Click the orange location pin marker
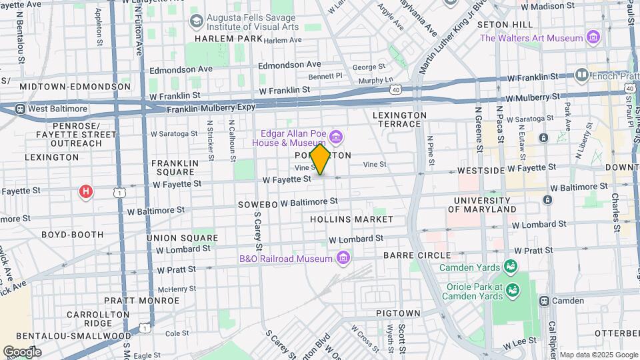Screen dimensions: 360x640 321,159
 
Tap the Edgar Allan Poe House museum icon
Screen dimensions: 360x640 337,138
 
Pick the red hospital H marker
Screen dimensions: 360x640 85,192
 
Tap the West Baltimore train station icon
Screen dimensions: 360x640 21,109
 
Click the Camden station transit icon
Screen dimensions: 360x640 544,301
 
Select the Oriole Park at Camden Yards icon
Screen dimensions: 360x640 512,289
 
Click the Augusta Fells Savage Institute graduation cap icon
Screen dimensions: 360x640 196,21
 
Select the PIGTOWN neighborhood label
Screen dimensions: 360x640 398,313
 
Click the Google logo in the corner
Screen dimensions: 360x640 22,351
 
